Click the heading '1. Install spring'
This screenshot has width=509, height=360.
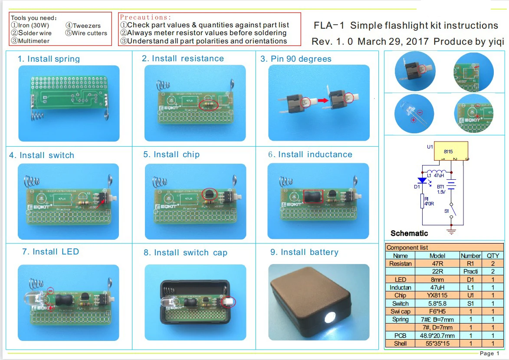tap(49, 59)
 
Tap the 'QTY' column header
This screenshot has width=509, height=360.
tap(493, 256)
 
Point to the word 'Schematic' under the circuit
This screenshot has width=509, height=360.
tap(409, 233)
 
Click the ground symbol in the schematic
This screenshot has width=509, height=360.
tap(452, 231)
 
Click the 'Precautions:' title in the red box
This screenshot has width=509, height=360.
tap(145, 17)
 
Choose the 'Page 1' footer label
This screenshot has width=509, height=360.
tap(489, 353)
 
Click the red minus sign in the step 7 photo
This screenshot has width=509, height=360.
tap(50, 291)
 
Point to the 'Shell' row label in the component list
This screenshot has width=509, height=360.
tap(400, 343)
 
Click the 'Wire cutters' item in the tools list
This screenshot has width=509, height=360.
tap(89, 33)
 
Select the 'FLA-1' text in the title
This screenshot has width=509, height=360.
tap(329, 26)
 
